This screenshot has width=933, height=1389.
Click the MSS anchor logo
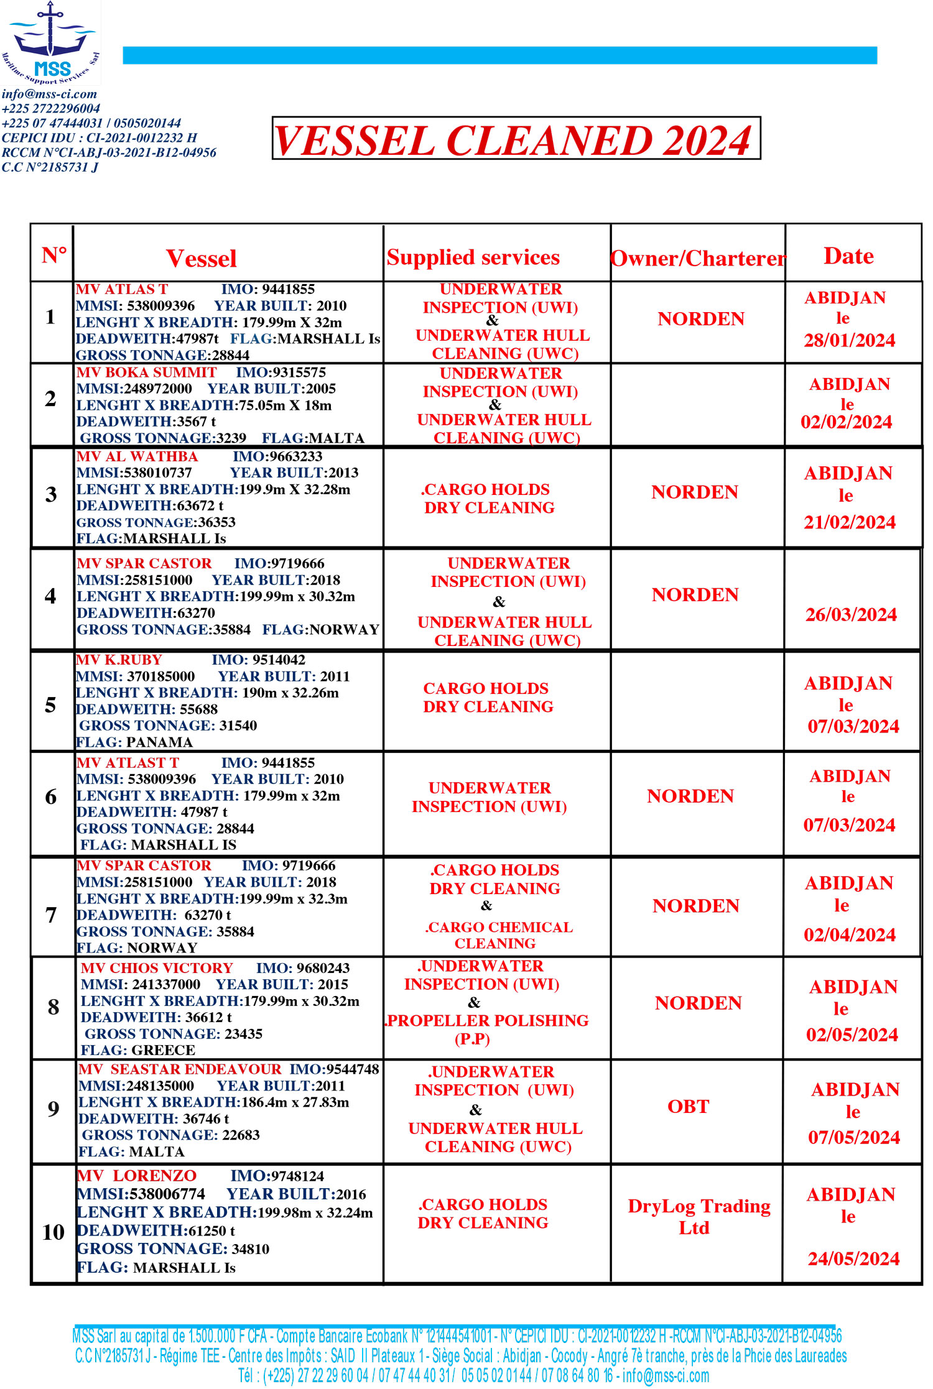click(50, 42)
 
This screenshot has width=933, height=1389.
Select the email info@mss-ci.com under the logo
click(49, 94)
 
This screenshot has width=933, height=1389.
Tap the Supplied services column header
click(473, 257)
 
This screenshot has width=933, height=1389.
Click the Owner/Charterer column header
click(698, 258)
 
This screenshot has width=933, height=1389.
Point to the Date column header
click(848, 256)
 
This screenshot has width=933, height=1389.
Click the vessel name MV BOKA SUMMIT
click(147, 372)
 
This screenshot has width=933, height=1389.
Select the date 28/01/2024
click(850, 341)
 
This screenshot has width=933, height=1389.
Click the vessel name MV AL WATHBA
click(137, 456)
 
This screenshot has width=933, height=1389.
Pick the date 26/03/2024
click(851, 615)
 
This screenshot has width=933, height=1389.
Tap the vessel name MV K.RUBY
click(119, 660)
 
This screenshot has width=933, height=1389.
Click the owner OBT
click(689, 1107)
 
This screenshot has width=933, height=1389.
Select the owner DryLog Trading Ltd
click(699, 1217)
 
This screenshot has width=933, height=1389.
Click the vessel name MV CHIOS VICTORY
click(157, 968)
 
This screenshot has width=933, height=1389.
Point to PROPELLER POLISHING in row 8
click(488, 1020)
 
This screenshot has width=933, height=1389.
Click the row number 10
click(53, 1232)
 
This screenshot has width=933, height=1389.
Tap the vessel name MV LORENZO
click(137, 1176)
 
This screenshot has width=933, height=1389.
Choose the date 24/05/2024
click(853, 1259)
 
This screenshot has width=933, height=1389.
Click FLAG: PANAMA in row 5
click(134, 742)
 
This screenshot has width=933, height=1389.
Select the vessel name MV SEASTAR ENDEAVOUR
click(180, 1069)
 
